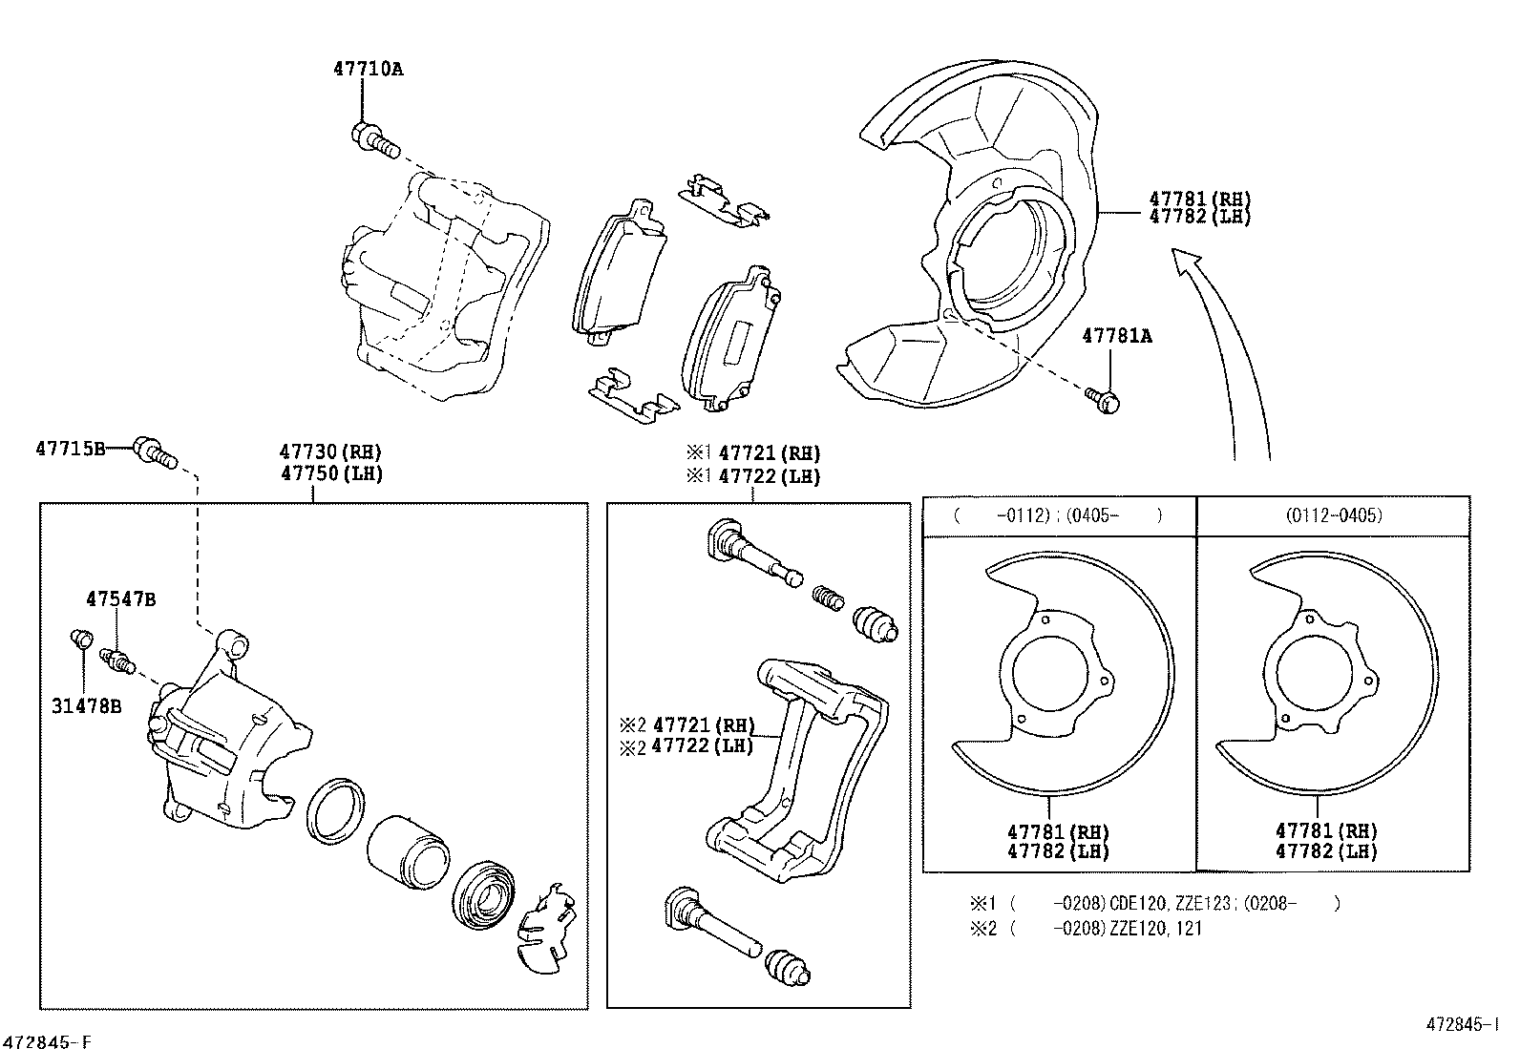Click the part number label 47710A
[368, 69]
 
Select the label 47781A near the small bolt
[1116, 336]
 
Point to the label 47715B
[70, 448]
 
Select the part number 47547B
[120, 599]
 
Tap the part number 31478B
[86, 707]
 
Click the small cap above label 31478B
[81, 637]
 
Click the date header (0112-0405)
[1333, 515]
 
